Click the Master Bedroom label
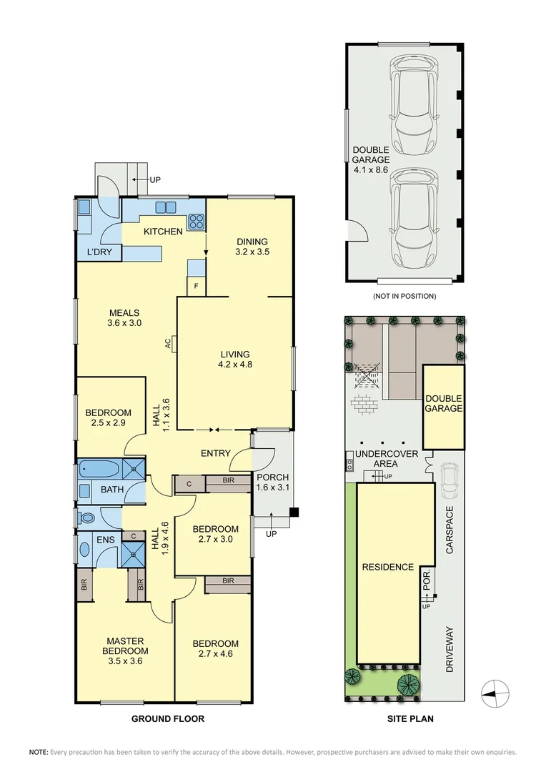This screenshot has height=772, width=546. click(x=126, y=651)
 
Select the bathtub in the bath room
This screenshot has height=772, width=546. click(x=99, y=469)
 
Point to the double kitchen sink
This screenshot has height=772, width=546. click(x=166, y=207)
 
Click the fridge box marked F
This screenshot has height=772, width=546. click(x=197, y=285)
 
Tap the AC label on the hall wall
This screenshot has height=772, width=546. click(x=168, y=342)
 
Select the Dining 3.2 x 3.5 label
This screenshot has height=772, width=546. click(x=252, y=247)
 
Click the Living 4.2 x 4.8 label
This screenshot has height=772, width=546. click(x=235, y=360)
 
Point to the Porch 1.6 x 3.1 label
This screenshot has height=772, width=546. click(x=273, y=482)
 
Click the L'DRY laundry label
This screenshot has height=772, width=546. click(x=99, y=252)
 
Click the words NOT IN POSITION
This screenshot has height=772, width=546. click(x=404, y=297)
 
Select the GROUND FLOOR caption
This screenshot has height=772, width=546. click(x=168, y=719)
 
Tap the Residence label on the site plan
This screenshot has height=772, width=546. click(x=388, y=567)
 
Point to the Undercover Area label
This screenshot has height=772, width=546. click(x=387, y=458)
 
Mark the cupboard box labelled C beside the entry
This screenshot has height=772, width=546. click(x=189, y=484)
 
